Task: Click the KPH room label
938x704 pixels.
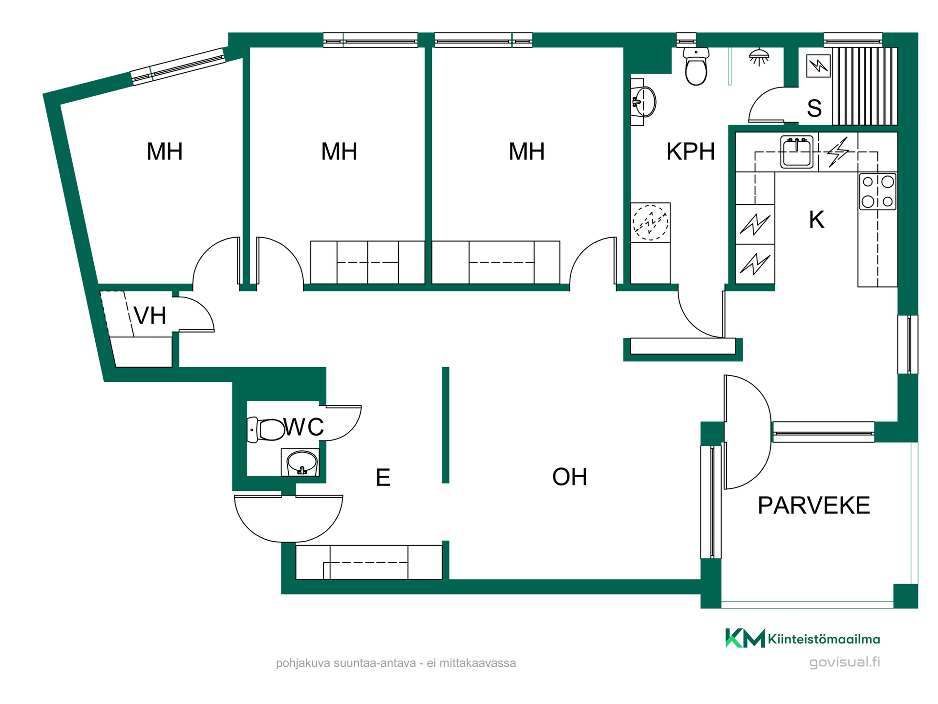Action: [x=690, y=152]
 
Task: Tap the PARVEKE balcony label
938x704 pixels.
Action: [x=814, y=506]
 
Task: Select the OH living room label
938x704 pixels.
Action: [x=570, y=477]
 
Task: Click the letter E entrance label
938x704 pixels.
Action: [x=383, y=478]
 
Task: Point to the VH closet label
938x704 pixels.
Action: [x=150, y=316]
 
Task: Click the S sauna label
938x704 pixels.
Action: [x=814, y=108]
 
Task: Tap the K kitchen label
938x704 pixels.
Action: [x=816, y=220]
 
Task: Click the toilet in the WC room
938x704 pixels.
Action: [x=266, y=430]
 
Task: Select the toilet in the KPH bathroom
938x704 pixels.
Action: [x=696, y=66]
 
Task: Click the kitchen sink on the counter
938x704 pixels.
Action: [x=797, y=152]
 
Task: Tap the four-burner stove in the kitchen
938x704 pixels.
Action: [x=878, y=192]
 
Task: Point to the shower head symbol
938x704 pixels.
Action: [x=759, y=57]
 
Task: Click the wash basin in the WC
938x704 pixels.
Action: [x=302, y=462]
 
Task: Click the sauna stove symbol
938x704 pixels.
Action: [x=818, y=66]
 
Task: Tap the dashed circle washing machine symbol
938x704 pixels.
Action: [x=650, y=222]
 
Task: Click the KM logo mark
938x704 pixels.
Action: [x=745, y=638]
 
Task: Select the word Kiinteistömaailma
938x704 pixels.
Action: [x=824, y=639]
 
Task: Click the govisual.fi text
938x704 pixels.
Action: [x=845, y=662]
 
